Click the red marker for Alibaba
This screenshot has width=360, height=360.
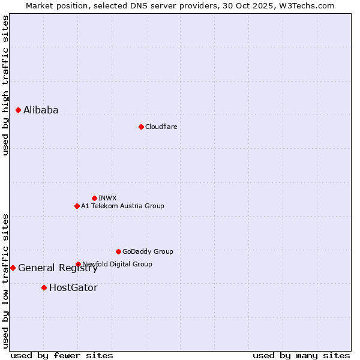[19, 110]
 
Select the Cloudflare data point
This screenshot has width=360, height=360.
[141, 127]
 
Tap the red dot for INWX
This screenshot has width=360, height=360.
[94, 198]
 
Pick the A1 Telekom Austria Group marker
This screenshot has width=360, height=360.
[77, 206]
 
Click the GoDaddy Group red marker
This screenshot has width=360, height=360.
[118, 251]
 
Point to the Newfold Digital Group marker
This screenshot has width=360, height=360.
[78, 264]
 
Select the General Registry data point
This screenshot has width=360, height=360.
[13, 268]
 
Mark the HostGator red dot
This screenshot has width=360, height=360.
[44, 287]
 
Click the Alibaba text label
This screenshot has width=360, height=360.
[41, 110]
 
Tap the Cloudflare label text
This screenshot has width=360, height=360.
[161, 127]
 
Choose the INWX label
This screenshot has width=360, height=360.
[107, 198]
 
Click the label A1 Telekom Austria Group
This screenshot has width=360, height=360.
[122, 206]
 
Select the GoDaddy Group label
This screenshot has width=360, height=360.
[148, 251]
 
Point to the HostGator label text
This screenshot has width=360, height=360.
[73, 287]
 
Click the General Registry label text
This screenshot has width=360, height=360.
[58, 268]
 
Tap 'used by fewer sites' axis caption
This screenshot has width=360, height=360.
[62, 355]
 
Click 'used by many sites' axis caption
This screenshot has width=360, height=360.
[301, 355]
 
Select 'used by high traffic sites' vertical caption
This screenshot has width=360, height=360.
[5, 85]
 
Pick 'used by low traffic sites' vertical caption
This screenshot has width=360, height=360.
[5, 280]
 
